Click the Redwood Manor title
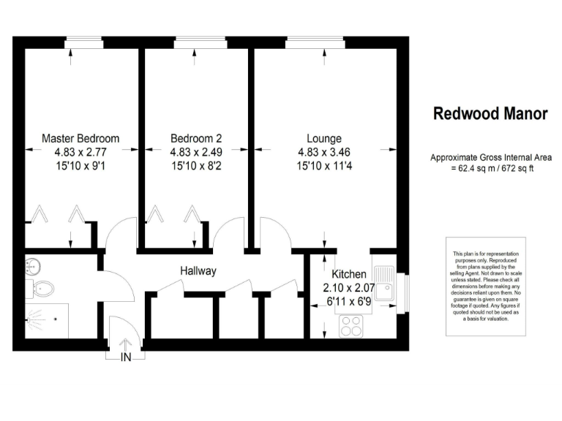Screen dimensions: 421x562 490,114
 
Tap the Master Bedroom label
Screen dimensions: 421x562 80,138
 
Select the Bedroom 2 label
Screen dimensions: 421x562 196,138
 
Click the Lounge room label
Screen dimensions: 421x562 323,138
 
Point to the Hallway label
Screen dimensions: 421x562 198,271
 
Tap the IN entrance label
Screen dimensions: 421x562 126,357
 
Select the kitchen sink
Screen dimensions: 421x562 384,286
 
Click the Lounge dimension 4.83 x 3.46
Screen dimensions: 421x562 323,152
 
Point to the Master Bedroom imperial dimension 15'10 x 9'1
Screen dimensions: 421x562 80,166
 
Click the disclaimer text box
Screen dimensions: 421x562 486,286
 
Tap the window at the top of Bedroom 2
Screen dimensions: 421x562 196,43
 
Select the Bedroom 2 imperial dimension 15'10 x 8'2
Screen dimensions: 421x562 196,166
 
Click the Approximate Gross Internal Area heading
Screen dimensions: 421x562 490,157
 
